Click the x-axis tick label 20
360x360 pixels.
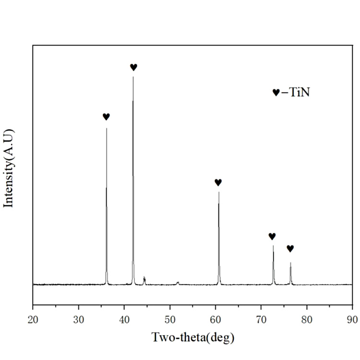tap(33, 318)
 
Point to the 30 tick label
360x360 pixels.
tap(78, 318)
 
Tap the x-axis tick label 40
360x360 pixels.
tap(124, 318)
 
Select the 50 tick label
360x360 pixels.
tap(170, 318)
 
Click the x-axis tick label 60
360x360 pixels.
tap(216, 318)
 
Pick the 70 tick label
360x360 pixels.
tap(261, 318)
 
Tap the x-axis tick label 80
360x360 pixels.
tap(307, 318)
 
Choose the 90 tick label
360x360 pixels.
tap(352, 318)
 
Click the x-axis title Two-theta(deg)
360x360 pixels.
tap(193, 337)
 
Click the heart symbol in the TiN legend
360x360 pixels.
tap(276, 93)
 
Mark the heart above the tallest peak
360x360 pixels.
tap(133, 67)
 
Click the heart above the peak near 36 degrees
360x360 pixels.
tap(106, 117)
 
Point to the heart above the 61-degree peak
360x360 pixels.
tap(218, 182)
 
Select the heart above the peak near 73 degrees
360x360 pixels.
tap(272, 236)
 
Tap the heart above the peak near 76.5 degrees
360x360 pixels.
tap(290, 248)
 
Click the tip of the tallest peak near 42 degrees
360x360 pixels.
tap(133, 77)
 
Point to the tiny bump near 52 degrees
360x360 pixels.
tap(178, 283)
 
